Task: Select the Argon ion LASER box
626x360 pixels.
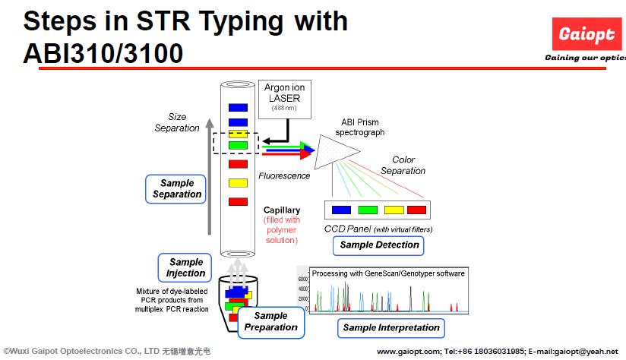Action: point(282,98)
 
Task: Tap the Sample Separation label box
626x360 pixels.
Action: point(177,188)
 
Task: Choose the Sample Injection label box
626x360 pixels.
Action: point(186,267)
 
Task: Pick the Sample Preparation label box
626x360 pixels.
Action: point(270,321)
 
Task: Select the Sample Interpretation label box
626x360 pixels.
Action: point(391,327)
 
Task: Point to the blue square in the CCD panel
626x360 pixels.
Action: point(341,210)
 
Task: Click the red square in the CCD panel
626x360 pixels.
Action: point(417,210)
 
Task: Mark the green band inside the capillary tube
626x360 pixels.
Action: point(238,145)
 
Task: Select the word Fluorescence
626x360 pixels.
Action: point(284,176)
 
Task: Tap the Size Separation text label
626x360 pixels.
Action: point(177,122)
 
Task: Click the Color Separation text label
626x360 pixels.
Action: point(403,165)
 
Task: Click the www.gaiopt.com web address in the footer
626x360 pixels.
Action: point(408,351)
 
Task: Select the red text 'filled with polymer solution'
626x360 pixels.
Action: point(282,230)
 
